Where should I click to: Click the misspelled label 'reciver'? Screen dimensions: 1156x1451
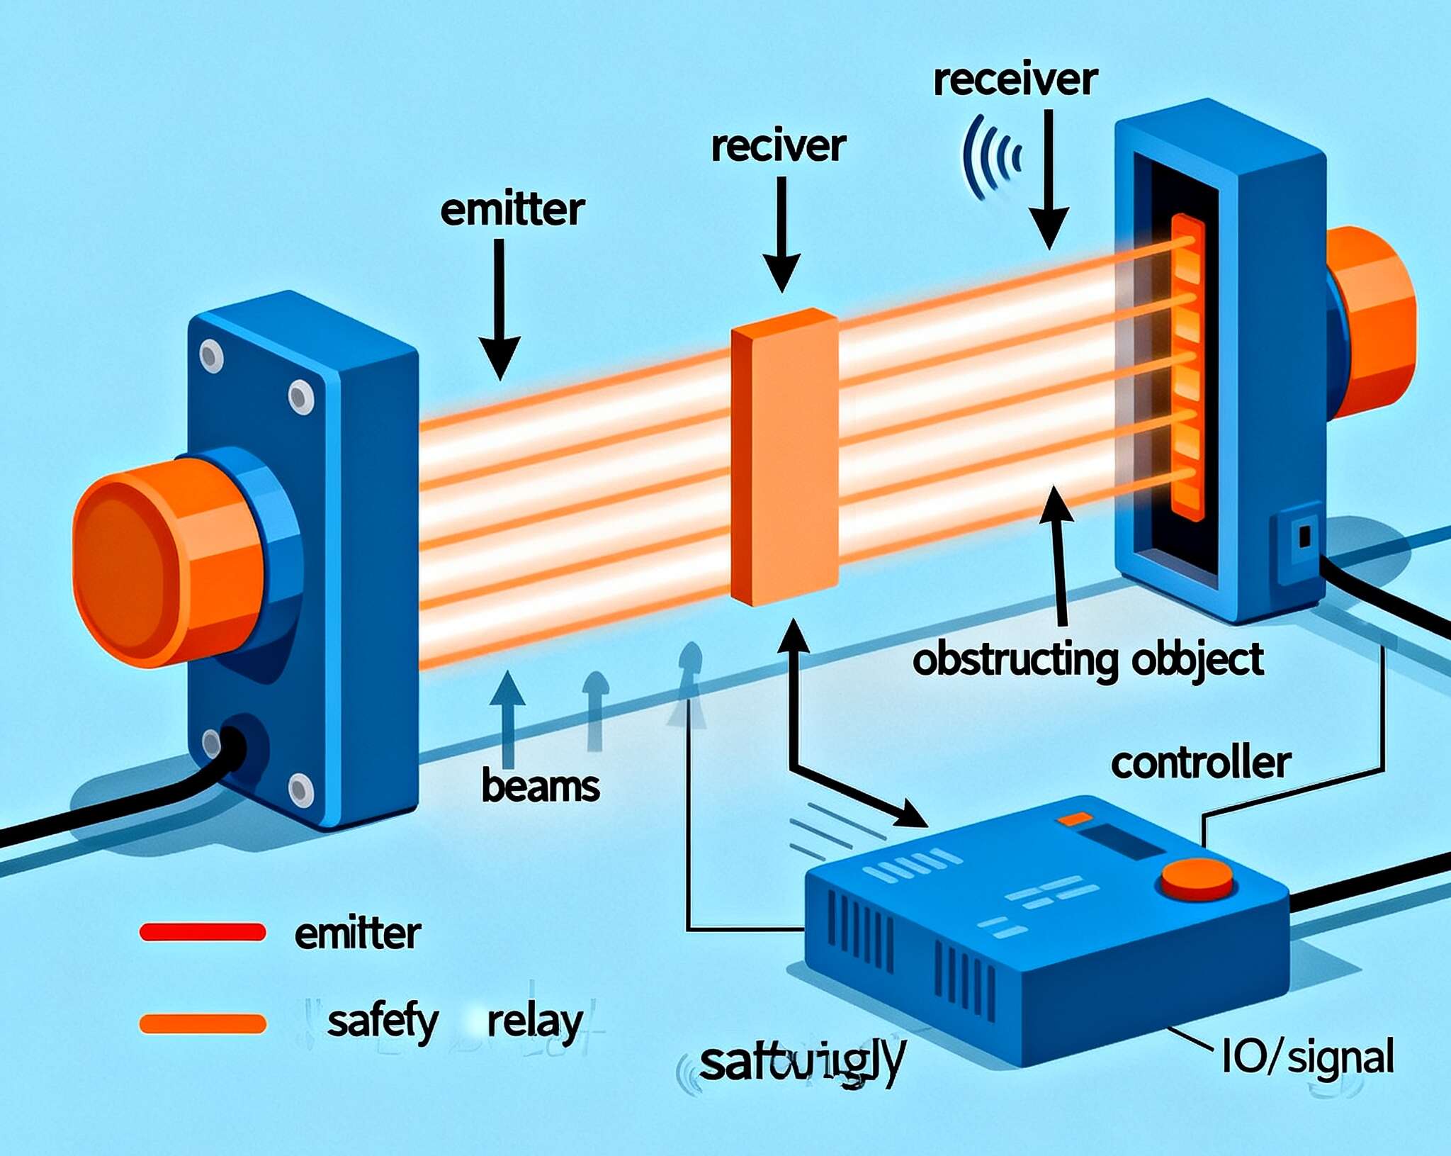(x=778, y=147)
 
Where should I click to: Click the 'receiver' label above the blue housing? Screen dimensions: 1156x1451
(x=1015, y=80)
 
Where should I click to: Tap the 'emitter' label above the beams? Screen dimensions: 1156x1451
(x=512, y=211)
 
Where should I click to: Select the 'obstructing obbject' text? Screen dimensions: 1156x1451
(x=1088, y=661)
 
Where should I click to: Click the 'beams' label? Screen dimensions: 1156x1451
(x=540, y=787)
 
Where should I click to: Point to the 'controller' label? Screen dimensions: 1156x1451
(x=1200, y=763)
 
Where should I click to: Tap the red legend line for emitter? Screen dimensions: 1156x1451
(x=203, y=932)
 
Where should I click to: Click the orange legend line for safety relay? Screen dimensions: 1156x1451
(x=203, y=1023)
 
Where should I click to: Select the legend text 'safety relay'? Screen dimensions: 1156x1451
(x=454, y=1022)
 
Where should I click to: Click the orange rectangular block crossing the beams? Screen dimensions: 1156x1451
(x=784, y=457)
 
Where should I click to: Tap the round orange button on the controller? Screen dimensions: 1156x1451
(x=1197, y=879)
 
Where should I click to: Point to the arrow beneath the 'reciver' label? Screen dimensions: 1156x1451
(x=781, y=234)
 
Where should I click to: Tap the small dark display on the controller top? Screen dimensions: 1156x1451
(x=1123, y=841)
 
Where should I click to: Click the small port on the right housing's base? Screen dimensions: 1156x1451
(x=1304, y=536)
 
